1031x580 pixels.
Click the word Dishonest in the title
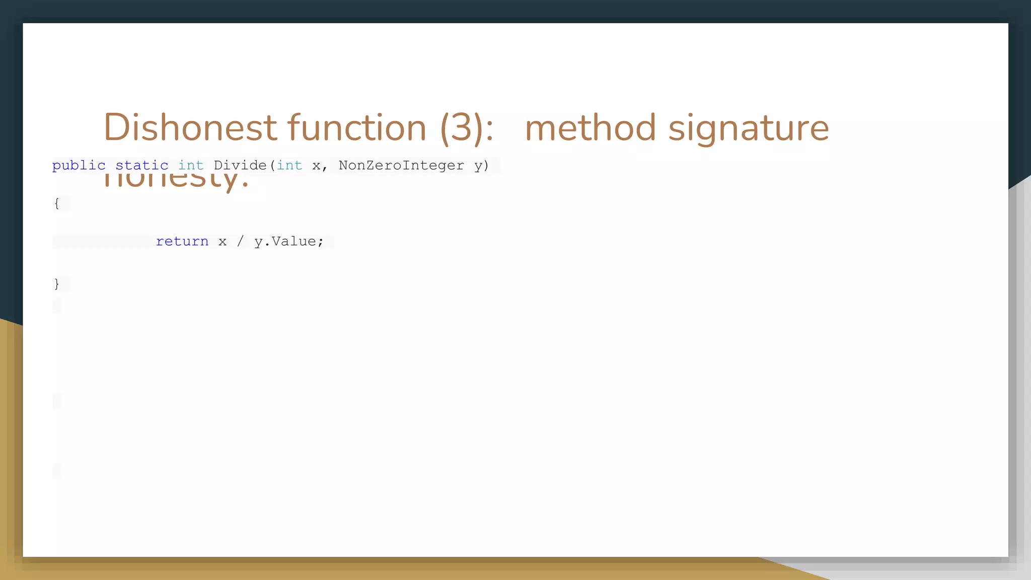[x=190, y=127]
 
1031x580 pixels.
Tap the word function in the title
[x=357, y=127]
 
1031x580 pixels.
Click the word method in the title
[x=590, y=127]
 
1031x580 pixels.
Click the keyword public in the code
[x=79, y=165]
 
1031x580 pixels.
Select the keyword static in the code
[x=142, y=165]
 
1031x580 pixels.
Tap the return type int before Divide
[x=191, y=165]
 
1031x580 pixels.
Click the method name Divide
[x=240, y=165]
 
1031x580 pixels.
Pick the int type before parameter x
[x=289, y=165]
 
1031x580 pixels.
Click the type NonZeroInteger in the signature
[x=401, y=165]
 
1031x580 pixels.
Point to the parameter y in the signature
[x=478, y=166]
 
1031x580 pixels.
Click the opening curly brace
[x=56, y=203]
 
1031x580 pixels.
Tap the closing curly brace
[x=56, y=284]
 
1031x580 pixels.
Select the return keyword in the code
[x=182, y=242]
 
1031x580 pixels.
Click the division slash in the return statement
[x=240, y=242]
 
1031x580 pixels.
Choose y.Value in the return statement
[x=285, y=242]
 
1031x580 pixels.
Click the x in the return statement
[x=223, y=242]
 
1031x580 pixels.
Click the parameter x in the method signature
[x=316, y=166]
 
